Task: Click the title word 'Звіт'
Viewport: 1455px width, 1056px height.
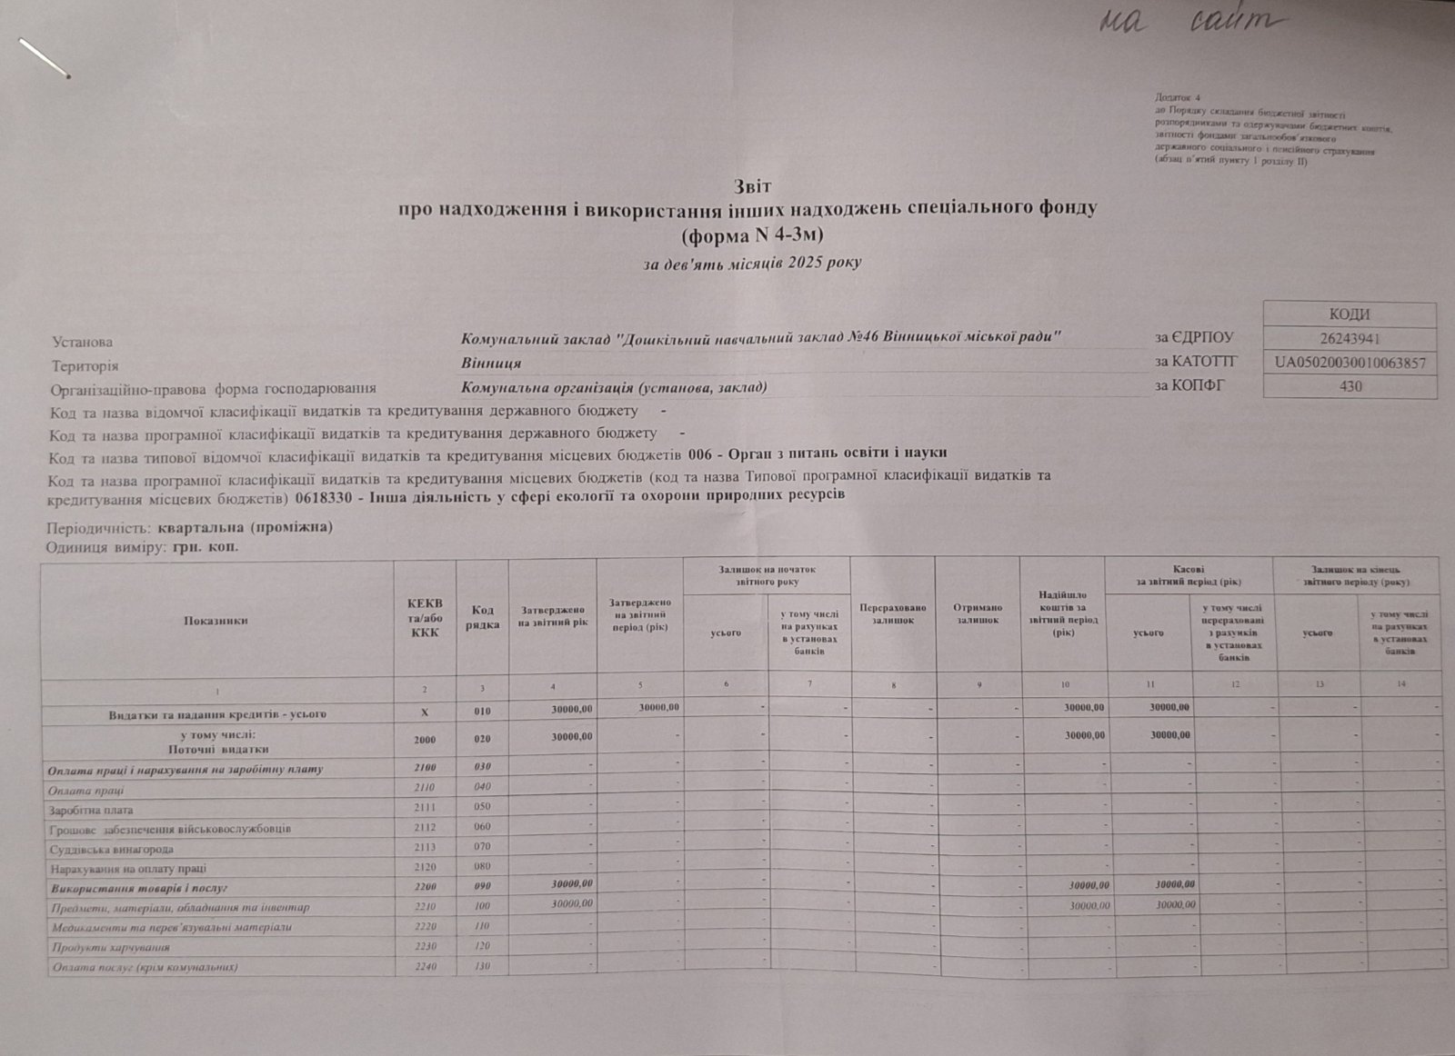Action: (x=753, y=186)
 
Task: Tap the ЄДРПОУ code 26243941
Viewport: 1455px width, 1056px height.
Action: (x=1350, y=339)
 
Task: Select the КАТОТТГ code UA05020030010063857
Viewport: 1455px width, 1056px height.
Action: (x=1350, y=363)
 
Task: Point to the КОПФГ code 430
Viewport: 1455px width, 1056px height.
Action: (x=1350, y=386)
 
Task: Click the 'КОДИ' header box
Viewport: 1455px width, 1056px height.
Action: (x=1350, y=314)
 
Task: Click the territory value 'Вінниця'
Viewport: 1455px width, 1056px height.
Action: (x=491, y=364)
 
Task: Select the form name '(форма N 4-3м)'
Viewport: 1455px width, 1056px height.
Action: (x=752, y=235)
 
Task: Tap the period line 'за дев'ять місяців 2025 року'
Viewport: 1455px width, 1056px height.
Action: (x=752, y=264)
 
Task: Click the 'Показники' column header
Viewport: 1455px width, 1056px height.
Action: (x=216, y=621)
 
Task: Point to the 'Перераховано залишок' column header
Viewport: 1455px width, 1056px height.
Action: (x=892, y=614)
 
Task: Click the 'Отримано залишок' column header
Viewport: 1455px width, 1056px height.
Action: (x=978, y=614)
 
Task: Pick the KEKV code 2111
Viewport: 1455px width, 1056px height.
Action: (x=424, y=807)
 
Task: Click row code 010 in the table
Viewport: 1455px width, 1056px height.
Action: (x=482, y=713)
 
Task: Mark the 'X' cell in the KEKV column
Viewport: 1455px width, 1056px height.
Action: (x=424, y=713)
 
